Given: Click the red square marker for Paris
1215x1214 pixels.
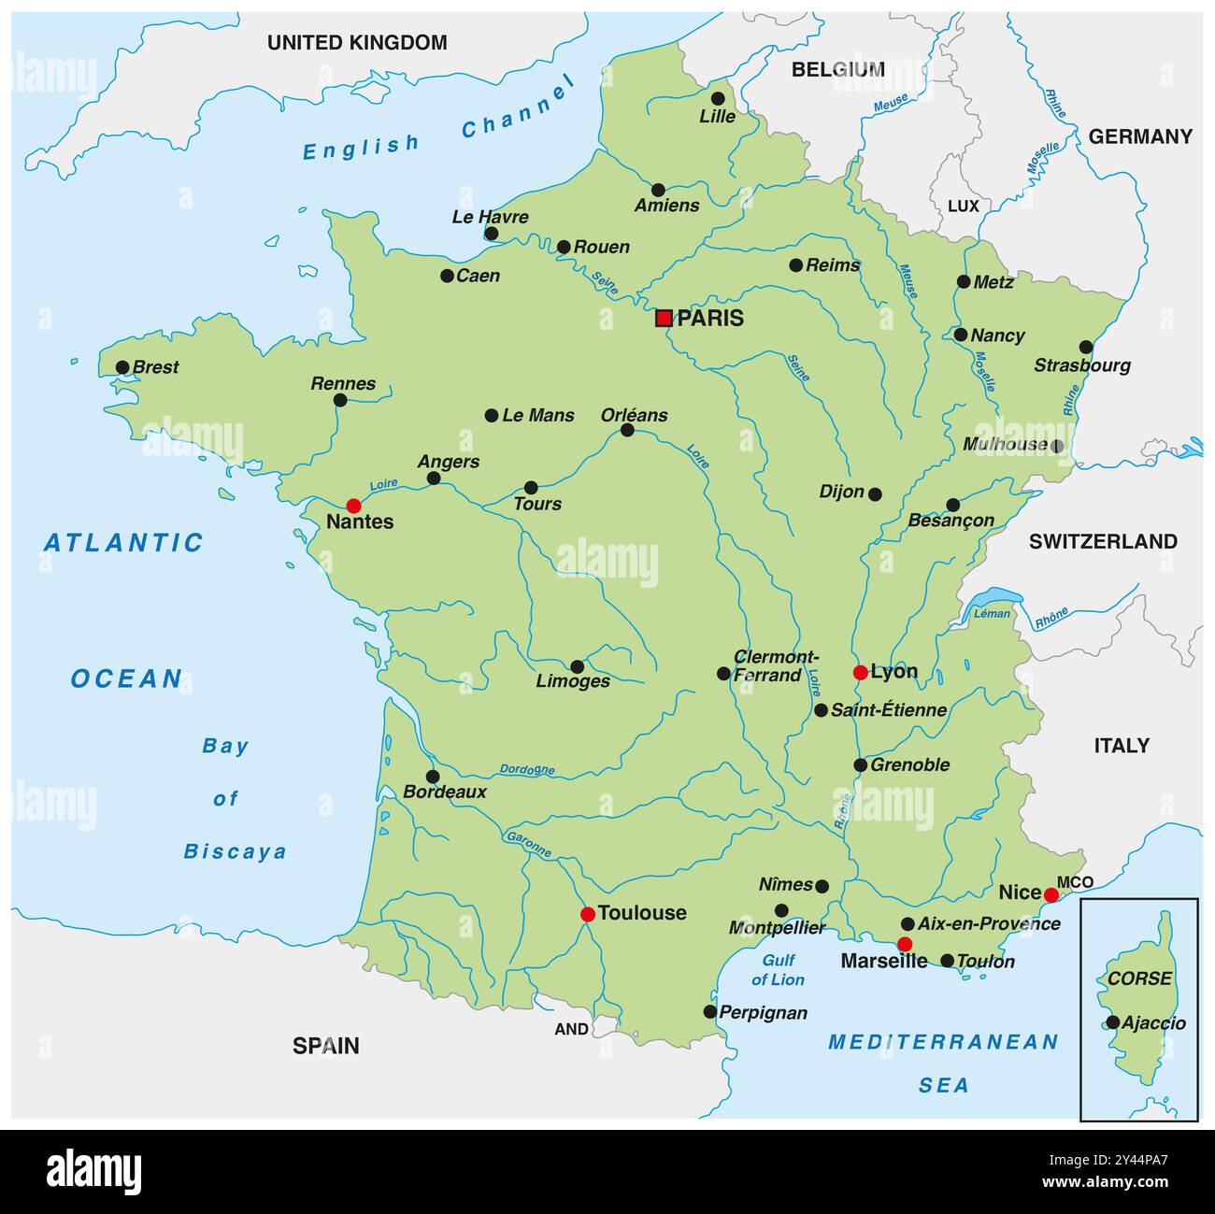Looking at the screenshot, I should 664,318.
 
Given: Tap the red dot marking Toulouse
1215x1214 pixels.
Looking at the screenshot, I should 587,914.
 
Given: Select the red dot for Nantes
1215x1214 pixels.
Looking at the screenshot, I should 353,506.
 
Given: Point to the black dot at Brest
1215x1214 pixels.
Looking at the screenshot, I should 122,367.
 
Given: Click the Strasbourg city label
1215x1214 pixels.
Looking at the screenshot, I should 1081,365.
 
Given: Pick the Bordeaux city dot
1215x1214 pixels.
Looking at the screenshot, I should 433,777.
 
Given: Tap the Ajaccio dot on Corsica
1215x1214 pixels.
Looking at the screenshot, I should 1112,1022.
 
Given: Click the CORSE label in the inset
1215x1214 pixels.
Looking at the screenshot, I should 1138,978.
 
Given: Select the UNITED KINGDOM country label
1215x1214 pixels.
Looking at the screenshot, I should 357,42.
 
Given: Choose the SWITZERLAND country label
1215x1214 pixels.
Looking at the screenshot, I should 1103,541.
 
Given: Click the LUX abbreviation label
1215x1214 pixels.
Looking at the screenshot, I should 963,206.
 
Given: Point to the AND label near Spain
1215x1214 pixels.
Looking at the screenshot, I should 571,1029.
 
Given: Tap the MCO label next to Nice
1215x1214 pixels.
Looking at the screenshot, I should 1075,882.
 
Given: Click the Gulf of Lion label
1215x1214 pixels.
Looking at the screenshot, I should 778,970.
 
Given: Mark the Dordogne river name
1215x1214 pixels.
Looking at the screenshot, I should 526,770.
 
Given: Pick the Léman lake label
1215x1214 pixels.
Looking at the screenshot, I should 992,614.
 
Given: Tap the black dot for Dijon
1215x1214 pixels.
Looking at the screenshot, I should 875,493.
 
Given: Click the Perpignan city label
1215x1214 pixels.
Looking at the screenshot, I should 763,1012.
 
